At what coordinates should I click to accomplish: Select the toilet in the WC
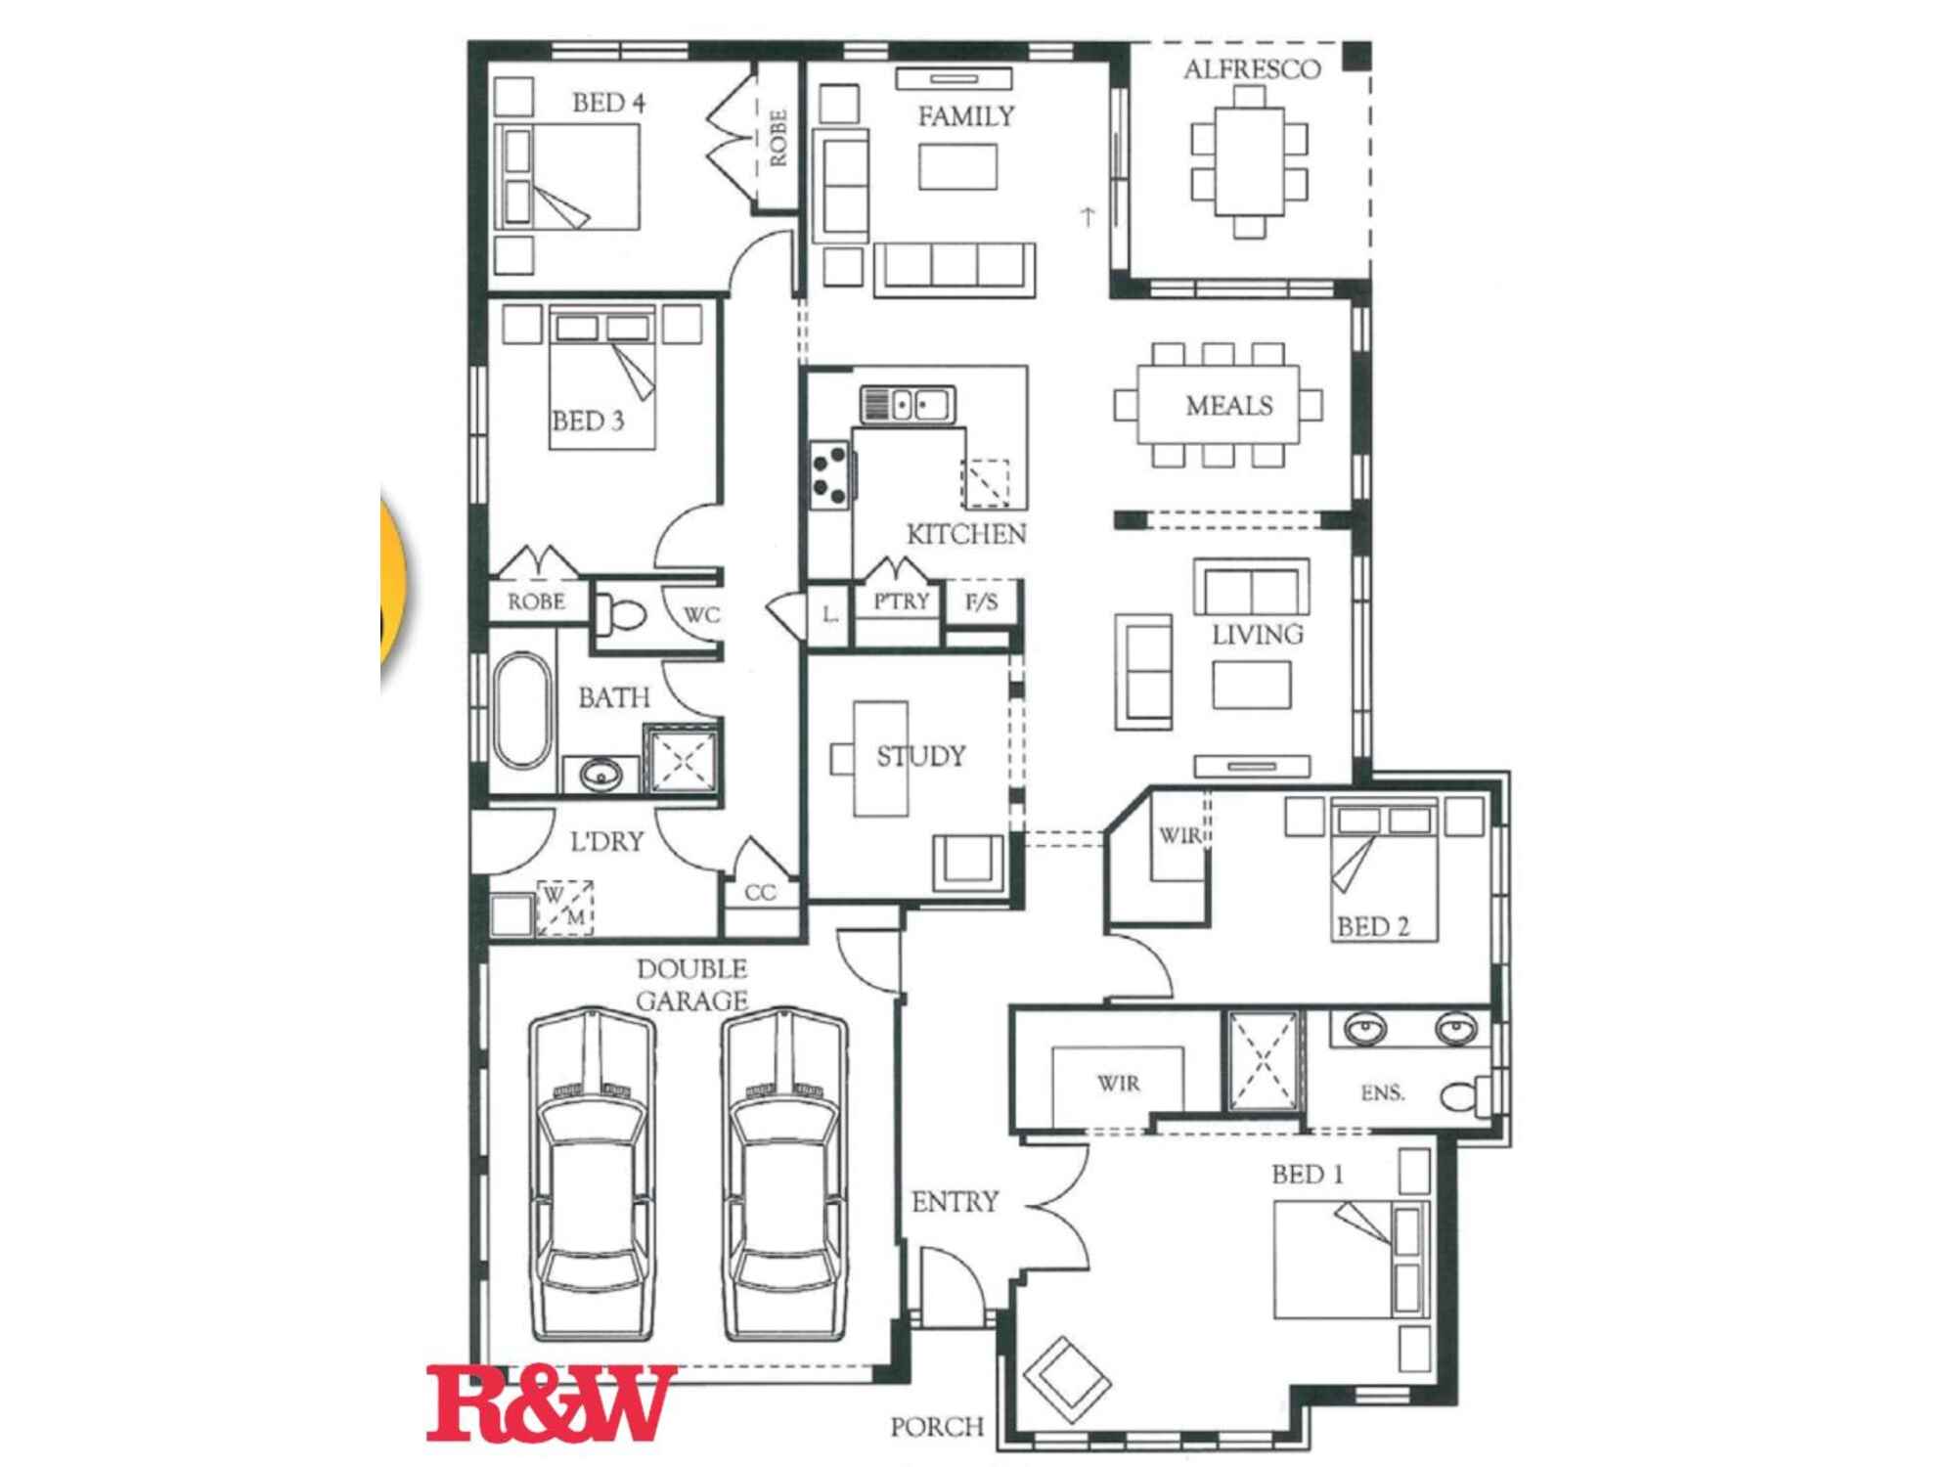pyautogui.click(x=620, y=613)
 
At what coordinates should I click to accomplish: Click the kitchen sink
pyautogui.click(x=908, y=404)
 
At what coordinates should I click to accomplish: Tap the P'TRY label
pyautogui.click(x=901, y=600)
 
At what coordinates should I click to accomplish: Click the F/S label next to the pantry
pyautogui.click(x=982, y=601)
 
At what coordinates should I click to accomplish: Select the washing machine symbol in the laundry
pyautogui.click(x=564, y=908)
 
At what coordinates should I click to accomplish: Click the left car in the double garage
pyautogui.click(x=592, y=1175)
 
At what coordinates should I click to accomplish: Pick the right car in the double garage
pyautogui.click(x=785, y=1175)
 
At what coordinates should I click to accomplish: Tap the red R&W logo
pyautogui.click(x=551, y=1403)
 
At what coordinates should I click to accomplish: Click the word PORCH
pyautogui.click(x=937, y=1427)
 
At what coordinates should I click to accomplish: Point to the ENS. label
pyautogui.click(x=1383, y=1092)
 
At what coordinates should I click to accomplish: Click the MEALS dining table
pyautogui.click(x=1219, y=405)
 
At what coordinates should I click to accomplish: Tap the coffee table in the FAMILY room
pyautogui.click(x=957, y=166)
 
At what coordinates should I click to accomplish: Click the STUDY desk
pyautogui.click(x=880, y=758)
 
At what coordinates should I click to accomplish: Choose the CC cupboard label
pyautogui.click(x=760, y=892)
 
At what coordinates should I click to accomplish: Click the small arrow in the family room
pyautogui.click(x=1088, y=217)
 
